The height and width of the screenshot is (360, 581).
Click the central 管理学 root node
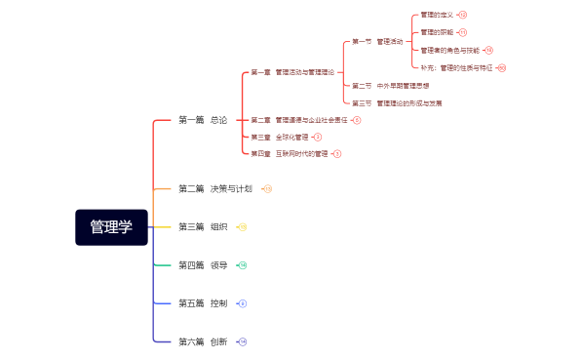point(111,227)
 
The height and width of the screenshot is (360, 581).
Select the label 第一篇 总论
point(203,120)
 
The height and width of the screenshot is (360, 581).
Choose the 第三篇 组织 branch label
point(203,227)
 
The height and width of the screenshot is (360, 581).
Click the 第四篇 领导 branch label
point(203,265)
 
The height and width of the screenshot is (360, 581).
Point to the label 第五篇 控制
point(203,303)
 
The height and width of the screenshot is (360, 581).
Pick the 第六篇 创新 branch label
point(203,341)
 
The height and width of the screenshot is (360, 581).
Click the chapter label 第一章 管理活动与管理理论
point(291,72)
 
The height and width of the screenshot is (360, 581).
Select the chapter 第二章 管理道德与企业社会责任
point(298,120)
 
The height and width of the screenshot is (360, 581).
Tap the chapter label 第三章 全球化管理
point(279,138)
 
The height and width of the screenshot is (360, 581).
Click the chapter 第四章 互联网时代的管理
point(289,154)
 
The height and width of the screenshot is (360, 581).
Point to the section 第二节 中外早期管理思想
point(390,86)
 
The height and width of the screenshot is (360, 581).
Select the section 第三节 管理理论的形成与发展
point(396,102)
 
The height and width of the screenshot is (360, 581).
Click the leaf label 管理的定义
point(437,16)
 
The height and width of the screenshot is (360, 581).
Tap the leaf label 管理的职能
point(437,32)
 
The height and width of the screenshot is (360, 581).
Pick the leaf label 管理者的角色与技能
point(449,50)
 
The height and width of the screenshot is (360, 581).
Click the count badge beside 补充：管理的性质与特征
point(502,68)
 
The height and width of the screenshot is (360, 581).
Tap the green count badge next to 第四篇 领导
point(243,265)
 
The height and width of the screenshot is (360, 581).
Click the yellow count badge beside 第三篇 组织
point(243,227)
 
